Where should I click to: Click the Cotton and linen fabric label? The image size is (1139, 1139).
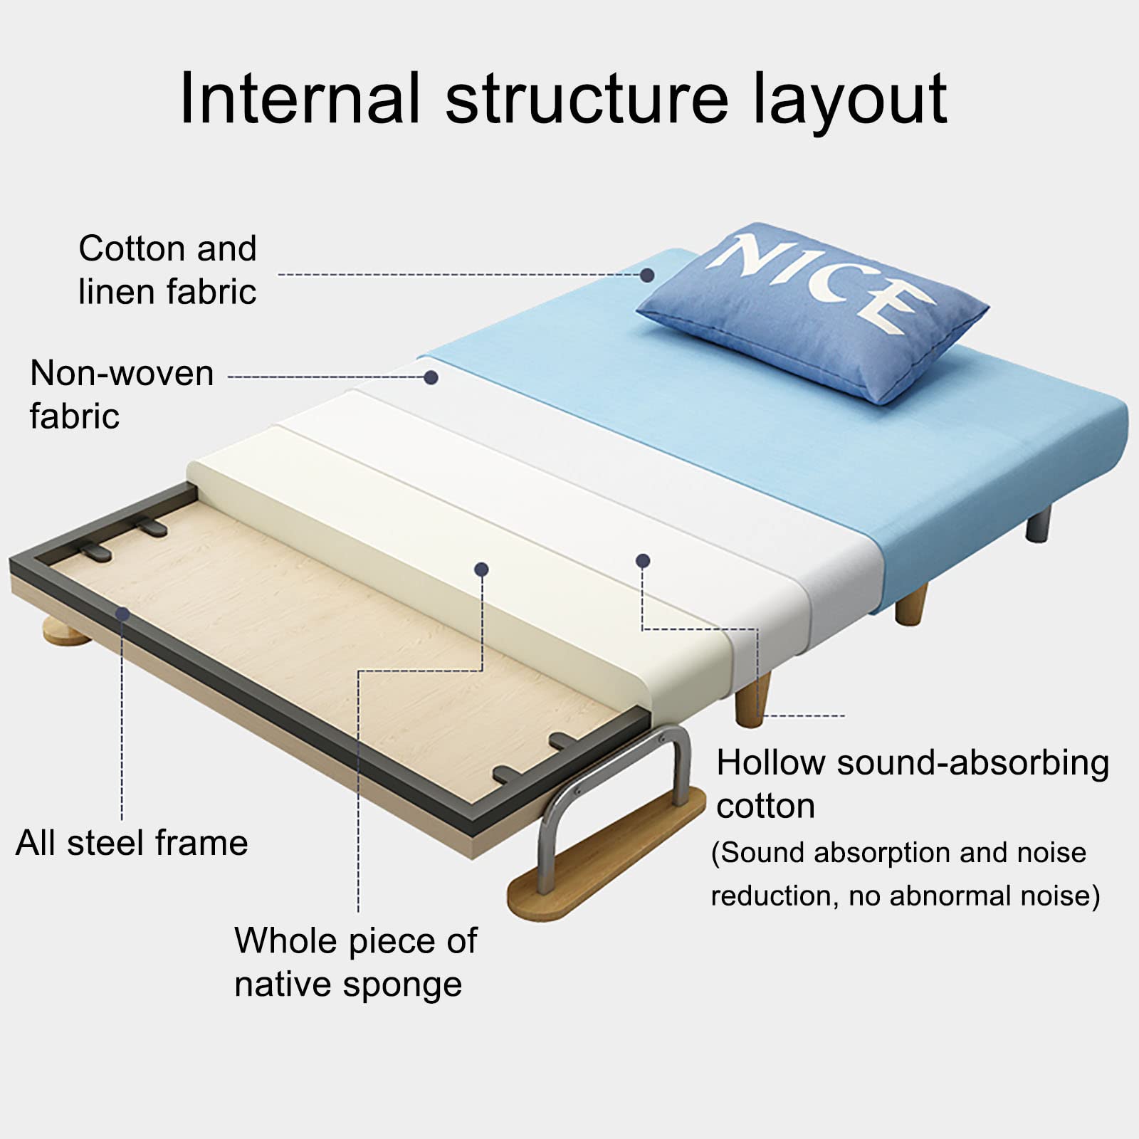click(x=167, y=270)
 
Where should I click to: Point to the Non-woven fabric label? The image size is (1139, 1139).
click(x=122, y=394)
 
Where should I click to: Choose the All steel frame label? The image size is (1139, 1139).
click(x=132, y=843)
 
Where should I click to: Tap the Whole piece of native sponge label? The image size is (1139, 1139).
click(x=356, y=962)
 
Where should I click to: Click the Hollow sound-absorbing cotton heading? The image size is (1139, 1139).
click(x=913, y=784)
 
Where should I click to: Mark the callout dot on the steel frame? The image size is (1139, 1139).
click(x=122, y=614)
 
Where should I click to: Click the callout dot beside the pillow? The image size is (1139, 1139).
click(x=647, y=275)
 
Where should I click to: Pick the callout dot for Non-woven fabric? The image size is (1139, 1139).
click(x=431, y=377)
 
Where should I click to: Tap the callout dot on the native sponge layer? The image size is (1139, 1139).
click(x=481, y=569)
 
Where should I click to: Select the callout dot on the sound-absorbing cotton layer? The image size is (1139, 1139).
click(x=643, y=561)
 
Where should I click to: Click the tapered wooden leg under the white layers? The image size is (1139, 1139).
click(x=753, y=700)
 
